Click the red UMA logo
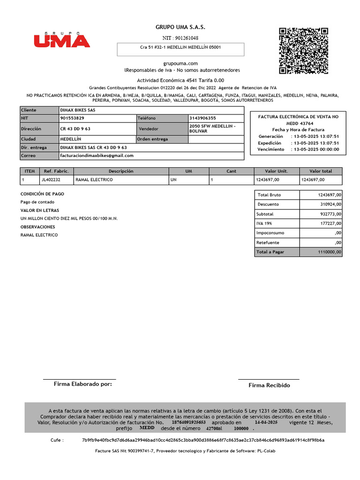click(61, 40)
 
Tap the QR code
click(303, 51)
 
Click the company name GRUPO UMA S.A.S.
click(180, 28)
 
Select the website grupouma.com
click(180, 63)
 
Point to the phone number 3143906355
click(203, 118)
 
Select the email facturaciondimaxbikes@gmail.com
click(97, 156)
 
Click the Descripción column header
click(121, 172)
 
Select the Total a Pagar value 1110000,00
click(327, 252)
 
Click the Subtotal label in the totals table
click(266, 214)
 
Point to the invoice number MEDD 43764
click(298, 123)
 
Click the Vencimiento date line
click(298, 150)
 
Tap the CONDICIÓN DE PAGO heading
click(43, 194)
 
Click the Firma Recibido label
click(269, 385)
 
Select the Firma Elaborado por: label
click(83, 384)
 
